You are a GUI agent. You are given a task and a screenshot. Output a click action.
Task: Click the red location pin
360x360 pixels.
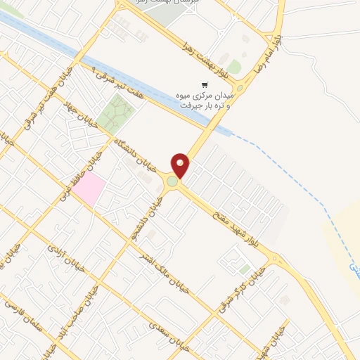pyautogui.click(x=181, y=165)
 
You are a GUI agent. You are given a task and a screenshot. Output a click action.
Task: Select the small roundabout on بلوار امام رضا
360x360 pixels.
pyautogui.click(x=240, y=89)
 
